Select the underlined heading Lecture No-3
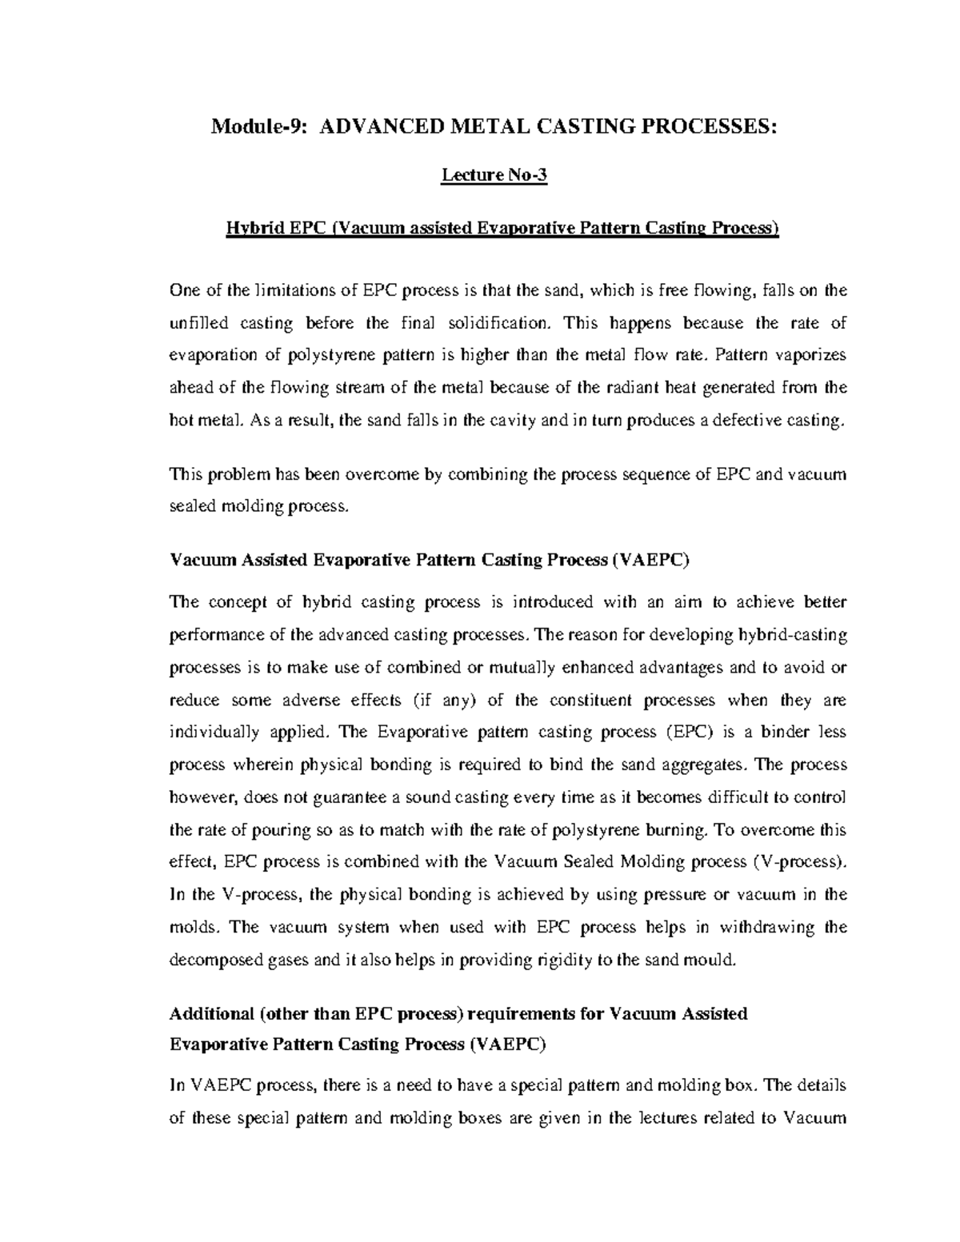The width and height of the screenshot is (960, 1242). tap(494, 177)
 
